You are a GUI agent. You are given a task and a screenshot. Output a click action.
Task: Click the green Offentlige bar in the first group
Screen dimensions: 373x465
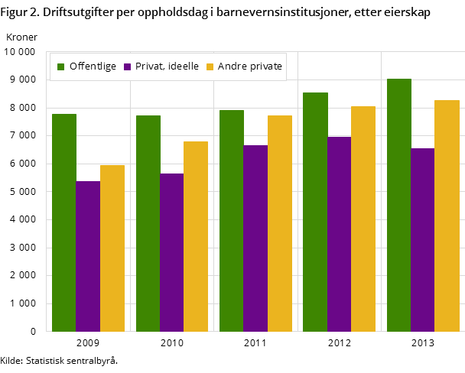tap(64, 222)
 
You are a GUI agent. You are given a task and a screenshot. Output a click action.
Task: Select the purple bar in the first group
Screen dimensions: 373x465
tap(88, 256)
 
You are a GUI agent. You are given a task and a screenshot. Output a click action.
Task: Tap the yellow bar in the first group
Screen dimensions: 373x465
tap(112, 248)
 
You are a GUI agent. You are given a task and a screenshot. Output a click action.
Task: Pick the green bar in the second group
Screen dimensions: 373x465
tap(148, 222)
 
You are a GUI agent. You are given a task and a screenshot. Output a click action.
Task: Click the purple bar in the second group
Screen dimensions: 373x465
tap(172, 252)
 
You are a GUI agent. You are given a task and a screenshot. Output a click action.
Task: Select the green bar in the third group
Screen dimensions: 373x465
tap(232, 220)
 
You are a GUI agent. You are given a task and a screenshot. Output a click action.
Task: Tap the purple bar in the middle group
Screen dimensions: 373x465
tap(255, 238)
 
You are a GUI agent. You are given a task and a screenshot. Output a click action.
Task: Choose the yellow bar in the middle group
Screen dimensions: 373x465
tap(280, 222)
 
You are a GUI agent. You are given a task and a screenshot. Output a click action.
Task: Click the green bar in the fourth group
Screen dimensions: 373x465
tap(315, 211)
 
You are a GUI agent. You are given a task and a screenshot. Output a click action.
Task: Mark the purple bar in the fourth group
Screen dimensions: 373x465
tap(339, 233)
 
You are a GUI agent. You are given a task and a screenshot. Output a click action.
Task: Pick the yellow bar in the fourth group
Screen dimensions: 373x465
tap(363, 218)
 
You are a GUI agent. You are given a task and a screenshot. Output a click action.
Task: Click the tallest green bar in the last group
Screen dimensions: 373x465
tap(399, 204)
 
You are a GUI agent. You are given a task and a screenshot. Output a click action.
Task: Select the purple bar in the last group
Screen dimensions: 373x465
tap(422, 239)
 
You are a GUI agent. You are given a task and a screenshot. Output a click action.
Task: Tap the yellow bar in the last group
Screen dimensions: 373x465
tap(447, 215)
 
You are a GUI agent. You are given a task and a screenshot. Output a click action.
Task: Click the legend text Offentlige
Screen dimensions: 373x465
tap(93, 66)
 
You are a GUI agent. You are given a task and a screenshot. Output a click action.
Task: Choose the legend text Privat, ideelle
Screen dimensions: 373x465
tap(167, 66)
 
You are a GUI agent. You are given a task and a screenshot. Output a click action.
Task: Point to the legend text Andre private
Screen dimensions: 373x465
tap(249, 66)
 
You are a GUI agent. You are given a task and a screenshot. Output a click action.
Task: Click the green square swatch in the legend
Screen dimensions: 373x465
tap(61, 67)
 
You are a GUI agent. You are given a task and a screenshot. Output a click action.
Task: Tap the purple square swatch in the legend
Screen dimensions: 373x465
tap(128, 67)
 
